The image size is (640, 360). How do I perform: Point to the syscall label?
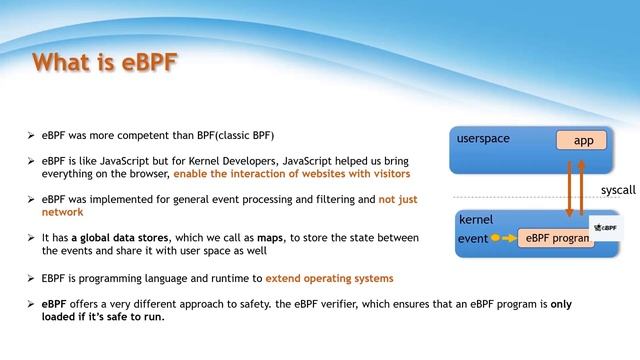tap(618, 189)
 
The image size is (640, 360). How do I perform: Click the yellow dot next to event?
tap(495, 239)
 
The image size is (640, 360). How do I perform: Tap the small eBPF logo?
tap(604, 229)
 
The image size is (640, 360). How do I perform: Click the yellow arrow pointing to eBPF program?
tap(508, 239)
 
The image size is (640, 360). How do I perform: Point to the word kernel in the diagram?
tap(475, 218)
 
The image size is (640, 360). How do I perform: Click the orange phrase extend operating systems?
tap(329, 277)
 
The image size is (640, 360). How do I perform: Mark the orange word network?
tap(62, 212)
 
